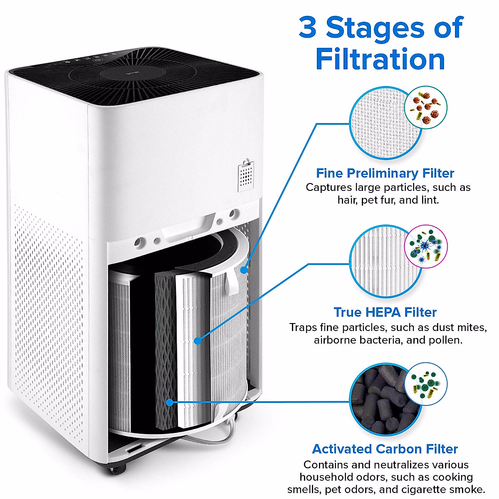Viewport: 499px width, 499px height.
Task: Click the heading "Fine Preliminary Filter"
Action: click(385, 173)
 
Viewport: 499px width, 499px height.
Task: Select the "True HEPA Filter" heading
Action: click(385, 312)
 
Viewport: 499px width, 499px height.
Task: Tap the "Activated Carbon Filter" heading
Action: click(385, 449)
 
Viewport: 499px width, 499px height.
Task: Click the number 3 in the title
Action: click(308, 28)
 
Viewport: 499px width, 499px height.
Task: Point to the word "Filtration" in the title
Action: click(380, 59)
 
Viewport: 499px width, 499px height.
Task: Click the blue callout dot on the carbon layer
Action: click(170, 402)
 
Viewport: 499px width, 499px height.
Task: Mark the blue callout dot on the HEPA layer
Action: click(198, 341)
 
